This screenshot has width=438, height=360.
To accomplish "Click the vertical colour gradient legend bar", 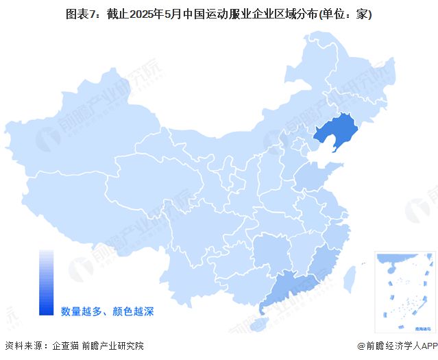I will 46,282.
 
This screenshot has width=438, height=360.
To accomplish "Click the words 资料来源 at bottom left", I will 23,346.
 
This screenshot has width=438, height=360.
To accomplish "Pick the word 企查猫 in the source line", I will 66,346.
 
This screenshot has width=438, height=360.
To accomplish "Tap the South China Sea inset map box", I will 404,291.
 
